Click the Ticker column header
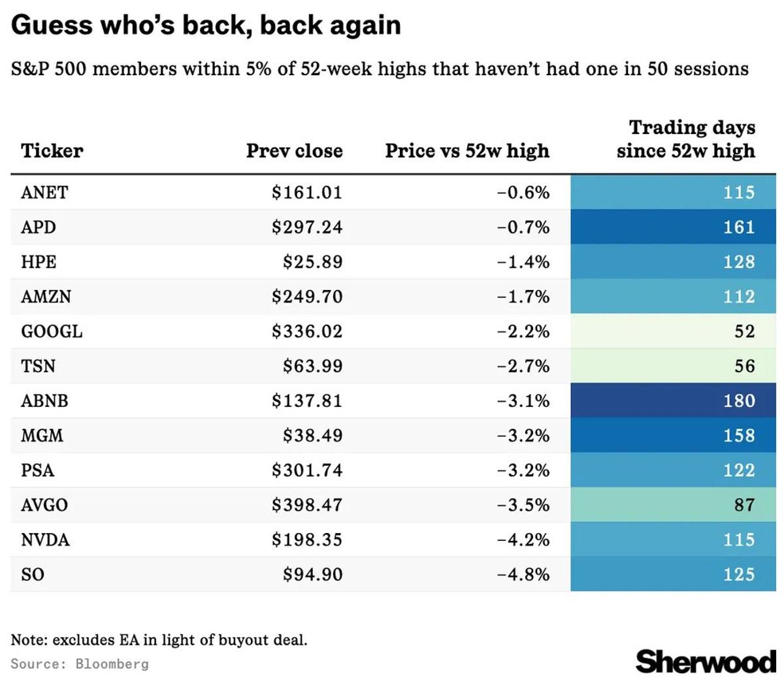click(52, 151)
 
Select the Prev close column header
click(294, 151)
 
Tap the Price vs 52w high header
click(467, 151)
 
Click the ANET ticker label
click(44, 193)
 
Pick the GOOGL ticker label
click(52, 331)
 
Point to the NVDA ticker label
click(45, 540)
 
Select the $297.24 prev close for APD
click(307, 227)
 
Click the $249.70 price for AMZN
click(307, 297)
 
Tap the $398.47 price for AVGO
click(307, 505)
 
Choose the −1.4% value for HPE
click(523, 262)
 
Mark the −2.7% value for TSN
click(523, 366)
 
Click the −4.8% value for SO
click(523, 574)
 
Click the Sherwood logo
click(706, 661)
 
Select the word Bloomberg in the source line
click(112, 664)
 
